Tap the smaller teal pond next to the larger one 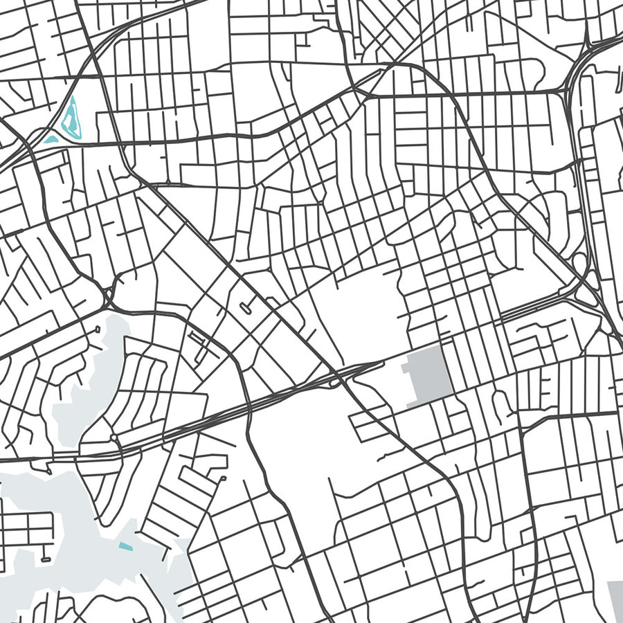pos(51,139)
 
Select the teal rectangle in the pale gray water pos(125,546)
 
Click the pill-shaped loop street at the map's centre pos(246,307)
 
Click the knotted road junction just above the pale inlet pos(109,296)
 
